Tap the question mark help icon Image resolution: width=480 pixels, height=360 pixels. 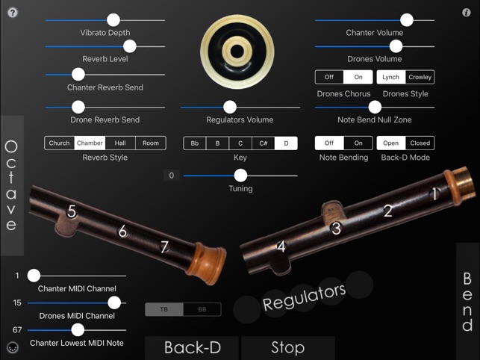coord(13,13)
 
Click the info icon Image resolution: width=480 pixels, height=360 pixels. coord(467,12)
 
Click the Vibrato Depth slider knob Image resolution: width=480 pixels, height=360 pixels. coord(113,20)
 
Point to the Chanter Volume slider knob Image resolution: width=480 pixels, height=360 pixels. coord(407,20)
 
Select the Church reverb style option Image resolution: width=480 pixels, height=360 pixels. coord(60,143)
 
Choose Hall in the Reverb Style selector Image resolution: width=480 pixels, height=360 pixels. coord(120,143)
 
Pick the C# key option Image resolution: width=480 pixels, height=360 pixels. coord(264,143)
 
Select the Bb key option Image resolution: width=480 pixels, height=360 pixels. coord(195,143)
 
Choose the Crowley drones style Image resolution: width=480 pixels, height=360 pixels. coord(420,77)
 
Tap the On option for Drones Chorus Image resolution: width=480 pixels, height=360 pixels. coord(358,77)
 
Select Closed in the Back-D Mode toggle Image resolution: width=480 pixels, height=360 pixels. coord(420,143)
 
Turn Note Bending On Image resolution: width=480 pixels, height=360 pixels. coord(358,143)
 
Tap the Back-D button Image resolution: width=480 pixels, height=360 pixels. coord(192,348)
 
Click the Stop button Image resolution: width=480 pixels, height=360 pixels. coord(287,348)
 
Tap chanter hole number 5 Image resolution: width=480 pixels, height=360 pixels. coord(72,211)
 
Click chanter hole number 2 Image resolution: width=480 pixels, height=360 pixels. coord(388,211)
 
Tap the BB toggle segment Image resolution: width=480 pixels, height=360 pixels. coord(202,309)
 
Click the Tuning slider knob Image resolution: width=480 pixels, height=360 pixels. coord(240,176)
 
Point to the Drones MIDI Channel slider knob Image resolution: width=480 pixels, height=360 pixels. coord(114,302)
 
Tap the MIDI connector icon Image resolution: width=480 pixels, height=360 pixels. coord(13,347)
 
